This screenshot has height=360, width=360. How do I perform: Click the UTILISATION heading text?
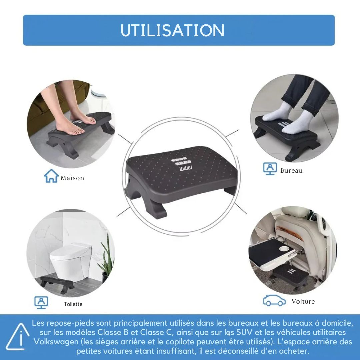click(x=172, y=30)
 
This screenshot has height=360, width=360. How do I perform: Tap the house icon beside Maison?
click(x=51, y=176)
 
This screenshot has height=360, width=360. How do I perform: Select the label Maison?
click(x=72, y=178)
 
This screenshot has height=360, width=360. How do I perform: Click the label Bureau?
click(x=291, y=171)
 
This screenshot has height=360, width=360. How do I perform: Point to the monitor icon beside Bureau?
click(x=270, y=169)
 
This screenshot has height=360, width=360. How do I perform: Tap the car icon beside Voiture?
click(x=274, y=301)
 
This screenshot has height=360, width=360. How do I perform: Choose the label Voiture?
click(x=303, y=301)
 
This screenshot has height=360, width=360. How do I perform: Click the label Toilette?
click(x=73, y=304)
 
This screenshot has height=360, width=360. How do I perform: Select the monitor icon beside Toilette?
click(x=41, y=302)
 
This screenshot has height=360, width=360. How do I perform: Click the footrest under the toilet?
click(x=57, y=284)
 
